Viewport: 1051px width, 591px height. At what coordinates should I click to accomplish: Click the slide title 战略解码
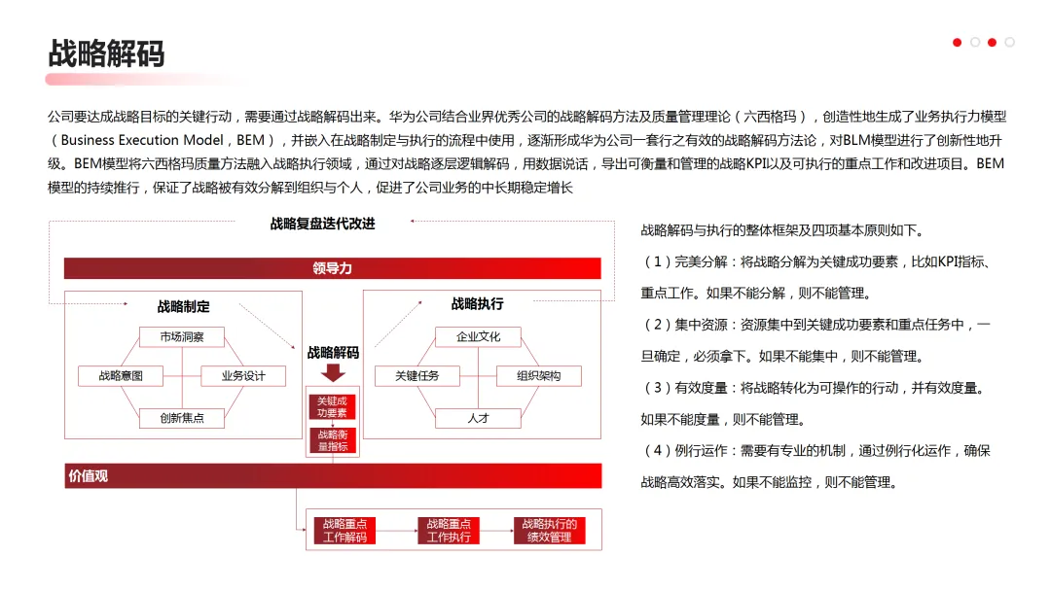pos(106,52)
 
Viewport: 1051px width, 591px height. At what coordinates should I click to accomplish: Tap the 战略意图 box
pos(121,376)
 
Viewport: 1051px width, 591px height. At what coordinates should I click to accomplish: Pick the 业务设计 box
pos(243,376)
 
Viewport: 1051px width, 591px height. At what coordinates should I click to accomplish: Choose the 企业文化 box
pos(478,337)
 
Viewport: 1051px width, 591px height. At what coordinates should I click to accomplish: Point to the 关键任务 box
pos(417,376)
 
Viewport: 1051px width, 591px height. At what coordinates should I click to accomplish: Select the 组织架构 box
pos(538,376)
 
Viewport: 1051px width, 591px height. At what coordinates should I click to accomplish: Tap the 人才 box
pos(478,418)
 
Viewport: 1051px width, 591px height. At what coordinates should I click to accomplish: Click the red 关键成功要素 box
pos(333,407)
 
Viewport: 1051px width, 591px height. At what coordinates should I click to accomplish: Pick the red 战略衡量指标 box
pos(333,441)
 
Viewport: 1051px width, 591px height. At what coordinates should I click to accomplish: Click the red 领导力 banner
pos(333,268)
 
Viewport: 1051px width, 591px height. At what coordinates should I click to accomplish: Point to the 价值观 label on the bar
pos(88,476)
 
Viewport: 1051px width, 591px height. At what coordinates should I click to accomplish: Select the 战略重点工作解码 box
pos(344,531)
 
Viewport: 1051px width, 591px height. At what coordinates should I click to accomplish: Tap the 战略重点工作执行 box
pos(449,531)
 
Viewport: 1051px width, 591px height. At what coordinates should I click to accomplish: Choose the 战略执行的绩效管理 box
pos(549,531)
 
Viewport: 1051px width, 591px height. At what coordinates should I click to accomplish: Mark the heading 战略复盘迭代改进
pos(322,225)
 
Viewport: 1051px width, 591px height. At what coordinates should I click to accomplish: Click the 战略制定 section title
pos(184,307)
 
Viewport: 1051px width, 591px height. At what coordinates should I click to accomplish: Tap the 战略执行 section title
pos(477,304)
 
